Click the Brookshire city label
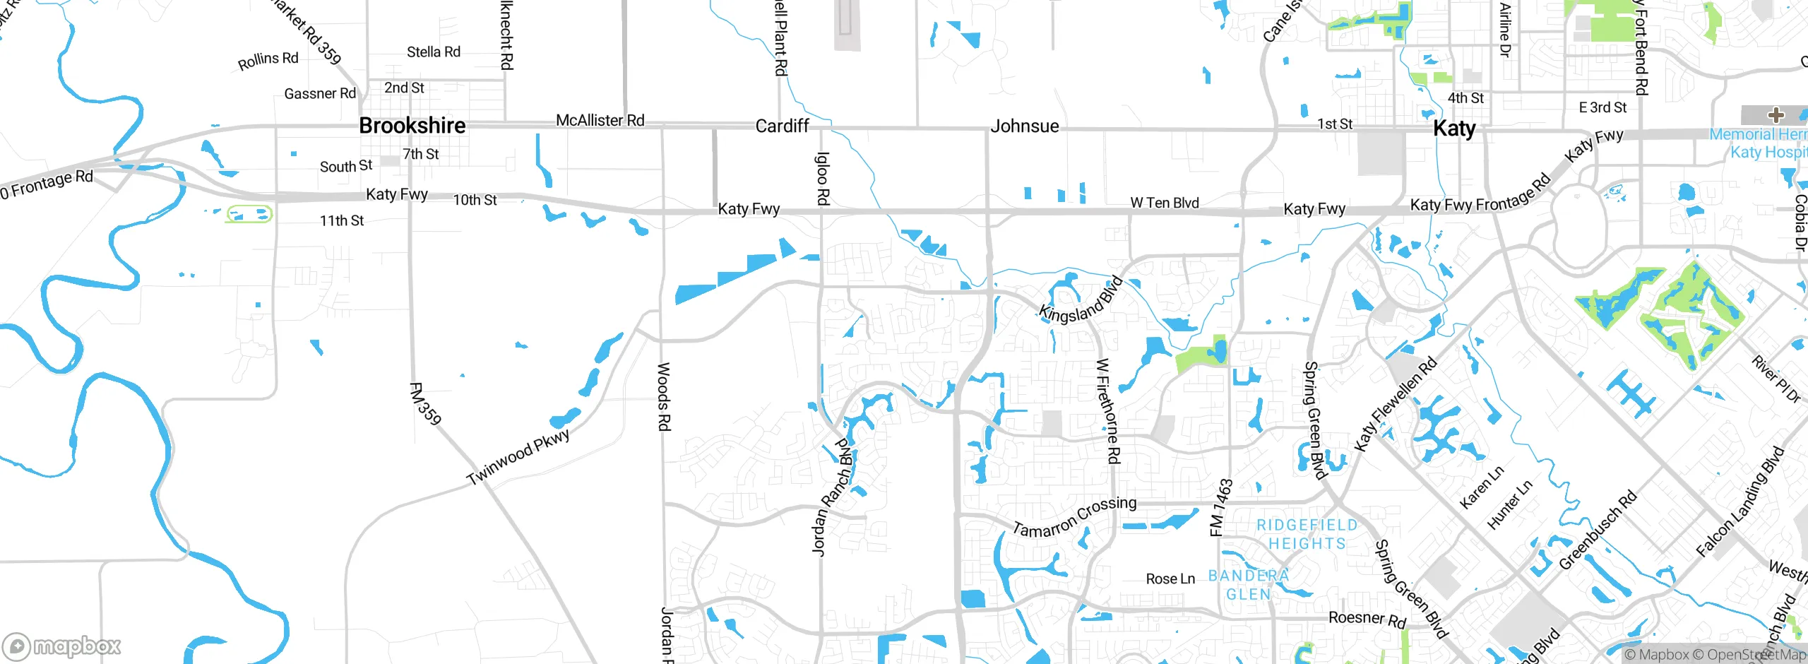412,126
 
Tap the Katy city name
1454,129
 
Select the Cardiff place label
782,126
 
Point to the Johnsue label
1025,126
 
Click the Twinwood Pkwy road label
518,457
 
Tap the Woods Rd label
664,396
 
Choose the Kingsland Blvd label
1081,300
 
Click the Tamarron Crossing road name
1074,516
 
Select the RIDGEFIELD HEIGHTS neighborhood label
1307,534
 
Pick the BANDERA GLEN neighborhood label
1249,585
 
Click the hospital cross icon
1776,115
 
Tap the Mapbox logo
62,646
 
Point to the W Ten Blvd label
1165,203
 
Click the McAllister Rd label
600,121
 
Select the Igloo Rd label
823,179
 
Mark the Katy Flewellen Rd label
1395,405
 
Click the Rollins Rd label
268,60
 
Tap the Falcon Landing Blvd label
1740,502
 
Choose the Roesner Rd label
1367,619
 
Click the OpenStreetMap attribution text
1756,655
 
